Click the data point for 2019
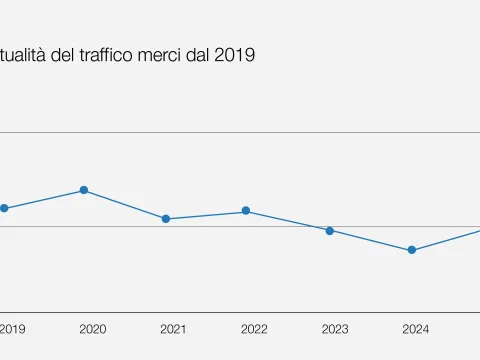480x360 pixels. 4,208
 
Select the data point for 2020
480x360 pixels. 84,190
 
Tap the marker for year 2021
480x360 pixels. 166,219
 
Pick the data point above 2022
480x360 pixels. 246,211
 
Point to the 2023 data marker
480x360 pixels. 329,230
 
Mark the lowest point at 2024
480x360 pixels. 411,250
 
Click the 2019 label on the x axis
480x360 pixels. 12,329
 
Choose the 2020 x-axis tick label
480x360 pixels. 92,329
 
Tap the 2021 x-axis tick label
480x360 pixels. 173,329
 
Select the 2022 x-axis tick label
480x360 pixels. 254,329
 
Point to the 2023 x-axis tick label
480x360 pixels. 335,329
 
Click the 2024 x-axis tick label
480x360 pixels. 416,329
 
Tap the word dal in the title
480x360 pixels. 197,55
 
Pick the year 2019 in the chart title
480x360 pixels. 234,55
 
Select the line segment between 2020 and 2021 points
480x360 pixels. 125,205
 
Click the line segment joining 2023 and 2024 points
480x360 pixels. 370,240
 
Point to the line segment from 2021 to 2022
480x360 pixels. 206,215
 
